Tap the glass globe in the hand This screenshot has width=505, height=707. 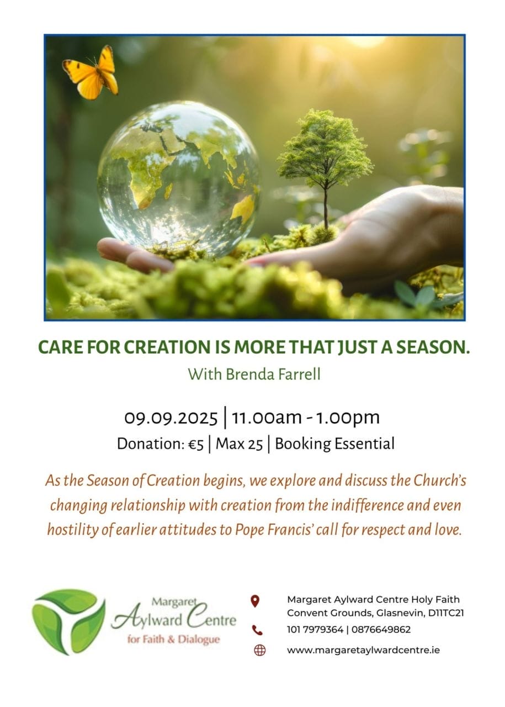pos(179,180)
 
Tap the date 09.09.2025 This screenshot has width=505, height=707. pos(171,418)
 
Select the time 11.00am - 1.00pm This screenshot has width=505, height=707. pos(306,418)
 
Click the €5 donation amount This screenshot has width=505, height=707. pos(196,444)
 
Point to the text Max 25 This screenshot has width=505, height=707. pos(239,444)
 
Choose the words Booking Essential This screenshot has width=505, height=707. pos(334,444)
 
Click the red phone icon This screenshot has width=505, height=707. pos(257,630)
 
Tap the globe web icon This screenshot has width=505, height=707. pos(259,650)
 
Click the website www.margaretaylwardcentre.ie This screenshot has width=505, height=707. pos(363,650)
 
